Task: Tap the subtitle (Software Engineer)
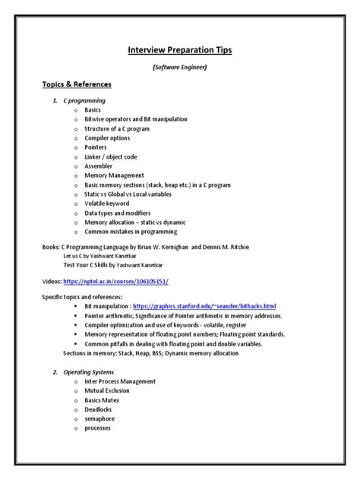(x=180, y=68)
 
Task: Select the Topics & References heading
(x=77, y=84)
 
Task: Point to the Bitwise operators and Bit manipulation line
(x=135, y=119)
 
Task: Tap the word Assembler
(x=99, y=166)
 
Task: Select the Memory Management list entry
(x=114, y=175)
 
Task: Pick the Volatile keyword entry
(x=108, y=203)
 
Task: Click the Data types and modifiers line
(x=118, y=212)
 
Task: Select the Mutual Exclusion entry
(x=107, y=390)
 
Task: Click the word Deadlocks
(x=99, y=409)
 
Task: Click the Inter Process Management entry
(x=118, y=381)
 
